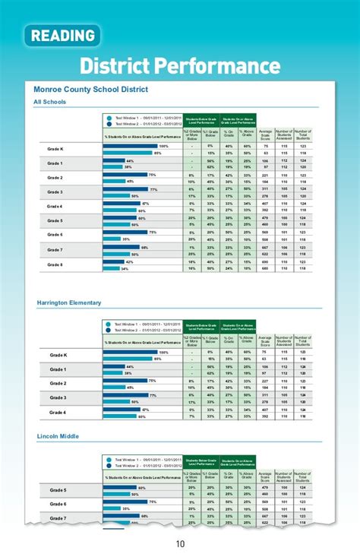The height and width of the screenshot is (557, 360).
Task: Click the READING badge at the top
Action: [x=63, y=36]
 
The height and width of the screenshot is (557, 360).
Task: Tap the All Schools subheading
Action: [x=49, y=101]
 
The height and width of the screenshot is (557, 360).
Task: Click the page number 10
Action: [x=180, y=543]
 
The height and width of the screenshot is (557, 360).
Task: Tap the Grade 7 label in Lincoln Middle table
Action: [x=57, y=518]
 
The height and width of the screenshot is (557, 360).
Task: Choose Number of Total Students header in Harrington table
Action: [x=303, y=340]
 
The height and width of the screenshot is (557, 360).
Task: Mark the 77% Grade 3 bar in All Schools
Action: [x=125, y=188]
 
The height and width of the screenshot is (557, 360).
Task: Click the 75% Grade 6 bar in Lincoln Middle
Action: [x=125, y=501]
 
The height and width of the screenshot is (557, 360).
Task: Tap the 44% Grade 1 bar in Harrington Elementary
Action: [x=114, y=366]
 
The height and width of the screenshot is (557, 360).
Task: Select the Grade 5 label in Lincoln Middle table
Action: [x=57, y=490]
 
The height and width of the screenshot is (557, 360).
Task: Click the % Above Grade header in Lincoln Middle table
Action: [x=246, y=476]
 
